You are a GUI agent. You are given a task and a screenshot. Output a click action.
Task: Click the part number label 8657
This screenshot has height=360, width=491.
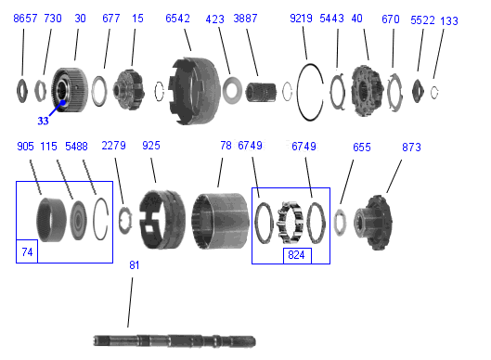pos(25,19)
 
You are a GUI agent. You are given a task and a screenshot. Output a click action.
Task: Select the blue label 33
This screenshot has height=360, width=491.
pos(43,121)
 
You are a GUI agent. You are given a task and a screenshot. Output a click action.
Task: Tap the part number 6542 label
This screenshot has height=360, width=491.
pos(177,19)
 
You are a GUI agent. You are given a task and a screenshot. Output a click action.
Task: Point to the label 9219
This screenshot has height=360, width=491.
pos(301,19)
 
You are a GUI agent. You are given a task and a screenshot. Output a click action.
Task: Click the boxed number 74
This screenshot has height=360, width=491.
pos(27,252)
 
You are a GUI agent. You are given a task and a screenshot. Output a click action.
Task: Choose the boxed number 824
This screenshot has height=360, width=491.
pos(296,255)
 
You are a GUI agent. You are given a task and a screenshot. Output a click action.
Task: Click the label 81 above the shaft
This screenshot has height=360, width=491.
pos(135,265)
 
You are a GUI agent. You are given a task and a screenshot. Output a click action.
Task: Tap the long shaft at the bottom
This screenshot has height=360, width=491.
pos(174,341)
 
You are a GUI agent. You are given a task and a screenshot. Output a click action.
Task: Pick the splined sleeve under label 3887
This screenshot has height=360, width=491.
pos(261,92)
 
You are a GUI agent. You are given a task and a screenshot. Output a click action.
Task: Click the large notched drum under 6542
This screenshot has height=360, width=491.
pos(194,91)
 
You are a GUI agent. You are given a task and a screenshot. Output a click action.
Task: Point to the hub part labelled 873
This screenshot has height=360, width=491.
pos(373,223)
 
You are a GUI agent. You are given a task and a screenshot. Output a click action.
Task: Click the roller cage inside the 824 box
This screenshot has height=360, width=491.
pos(291,223)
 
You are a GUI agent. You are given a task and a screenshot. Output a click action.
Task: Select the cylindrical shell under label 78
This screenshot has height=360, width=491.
pos(220,221)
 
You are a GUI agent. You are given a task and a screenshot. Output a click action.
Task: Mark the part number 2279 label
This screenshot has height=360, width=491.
pos(113,146)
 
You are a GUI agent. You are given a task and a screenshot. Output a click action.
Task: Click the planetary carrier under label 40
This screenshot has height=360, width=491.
pos(367,91)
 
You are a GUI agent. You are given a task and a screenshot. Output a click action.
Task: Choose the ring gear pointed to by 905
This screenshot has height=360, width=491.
pos(52,220)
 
